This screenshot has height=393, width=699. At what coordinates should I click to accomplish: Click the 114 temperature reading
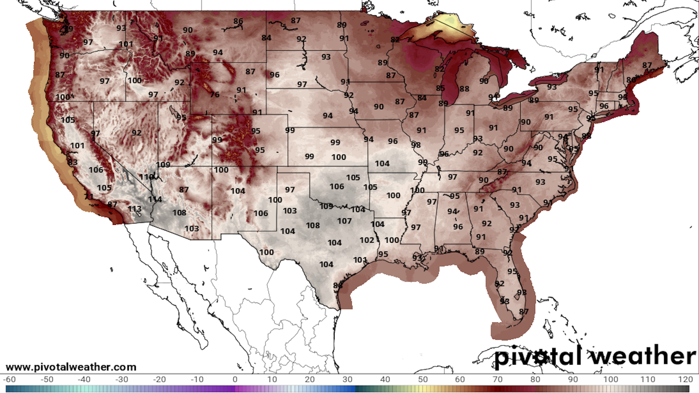[x=155, y=199]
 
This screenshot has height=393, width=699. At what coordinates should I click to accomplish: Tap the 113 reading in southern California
[x=135, y=209]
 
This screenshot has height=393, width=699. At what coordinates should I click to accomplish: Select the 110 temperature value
[x=146, y=177]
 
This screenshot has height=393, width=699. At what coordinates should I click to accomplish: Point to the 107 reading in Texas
[x=344, y=221]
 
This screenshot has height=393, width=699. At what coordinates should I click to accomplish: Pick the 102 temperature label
[x=367, y=240]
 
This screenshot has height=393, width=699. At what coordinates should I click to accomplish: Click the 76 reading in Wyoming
[x=215, y=94]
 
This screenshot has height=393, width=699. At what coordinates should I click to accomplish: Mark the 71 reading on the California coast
[x=89, y=196]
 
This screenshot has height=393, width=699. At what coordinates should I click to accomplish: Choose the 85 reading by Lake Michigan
[x=440, y=88]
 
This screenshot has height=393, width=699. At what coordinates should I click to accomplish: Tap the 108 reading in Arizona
[x=179, y=213]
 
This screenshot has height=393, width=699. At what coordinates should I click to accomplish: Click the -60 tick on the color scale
[x=9, y=379]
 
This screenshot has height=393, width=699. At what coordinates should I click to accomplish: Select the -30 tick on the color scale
[x=122, y=379]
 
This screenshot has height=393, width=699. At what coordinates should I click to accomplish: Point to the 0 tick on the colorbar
[x=235, y=379]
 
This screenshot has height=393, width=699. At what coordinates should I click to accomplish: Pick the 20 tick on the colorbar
[x=310, y=379]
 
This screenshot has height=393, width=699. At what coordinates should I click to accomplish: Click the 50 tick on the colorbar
[x=422, y=379]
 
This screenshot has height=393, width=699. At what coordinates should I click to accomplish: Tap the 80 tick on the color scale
[x=535, y=379]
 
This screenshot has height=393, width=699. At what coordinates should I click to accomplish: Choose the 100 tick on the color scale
[x=610, y=379]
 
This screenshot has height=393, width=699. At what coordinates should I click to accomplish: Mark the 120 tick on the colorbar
[x=685, y=379]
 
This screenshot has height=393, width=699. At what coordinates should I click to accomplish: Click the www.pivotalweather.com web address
[x=71, y=367]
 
